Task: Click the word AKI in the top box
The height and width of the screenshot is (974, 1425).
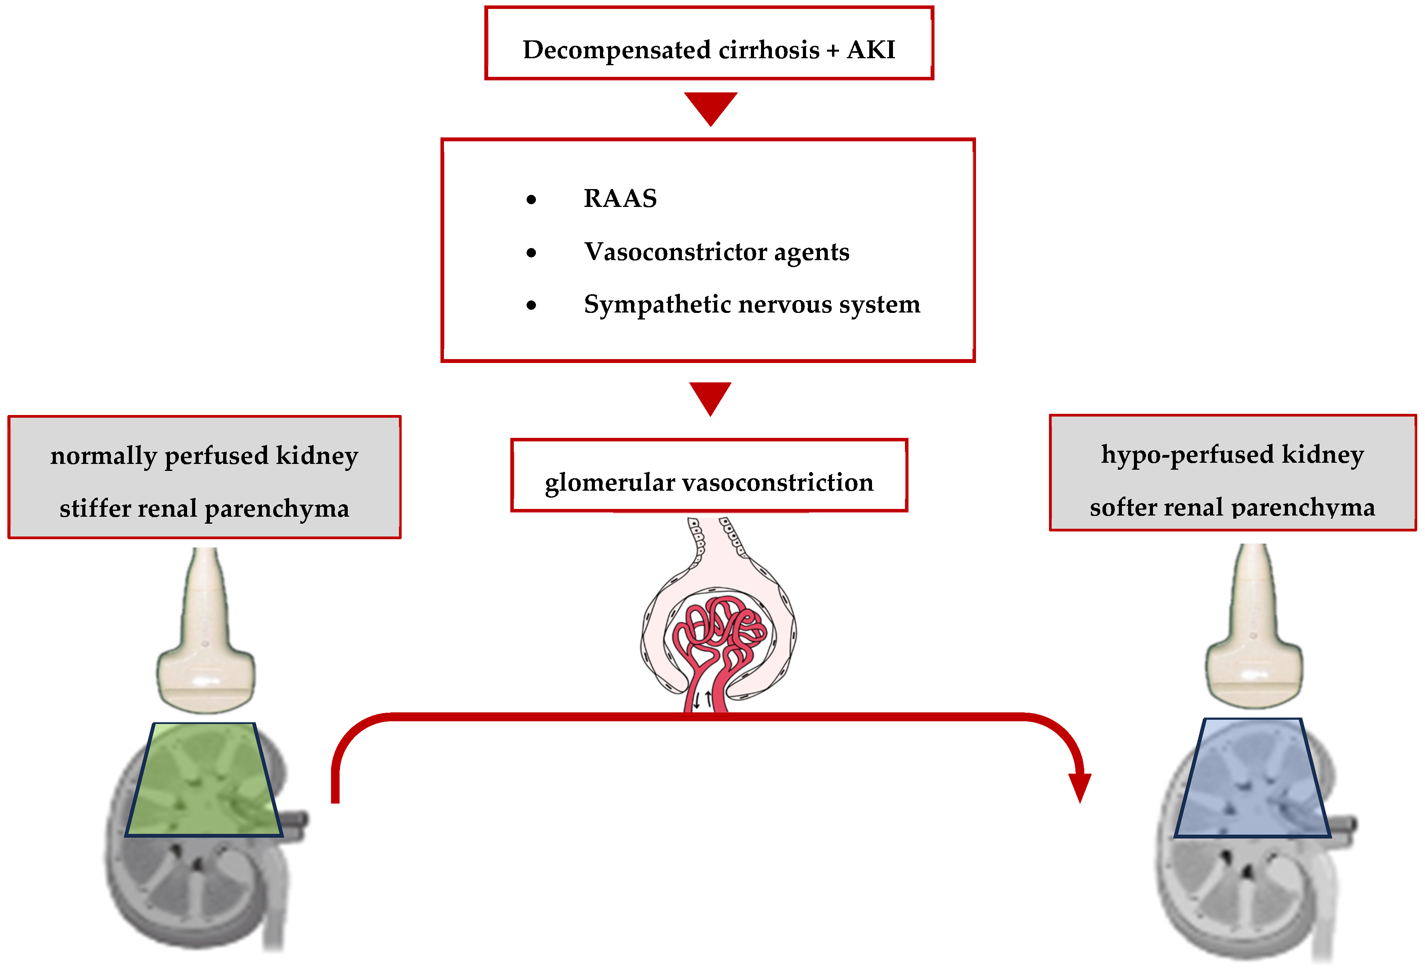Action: (871, 50)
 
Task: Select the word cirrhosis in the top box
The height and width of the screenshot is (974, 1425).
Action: (768, 50)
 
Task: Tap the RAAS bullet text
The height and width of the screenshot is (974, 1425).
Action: (620, 198)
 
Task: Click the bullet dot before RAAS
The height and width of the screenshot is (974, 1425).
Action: (531, 199)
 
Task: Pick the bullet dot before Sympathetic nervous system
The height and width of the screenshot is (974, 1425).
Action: (531, 305)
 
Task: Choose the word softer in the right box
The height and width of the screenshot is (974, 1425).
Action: (1125, 507)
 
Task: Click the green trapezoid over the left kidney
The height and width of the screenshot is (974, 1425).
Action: (204, 780)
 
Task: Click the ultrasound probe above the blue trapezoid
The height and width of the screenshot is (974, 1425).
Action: (1254, 626)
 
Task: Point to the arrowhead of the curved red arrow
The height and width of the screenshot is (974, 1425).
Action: (1080, 787)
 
